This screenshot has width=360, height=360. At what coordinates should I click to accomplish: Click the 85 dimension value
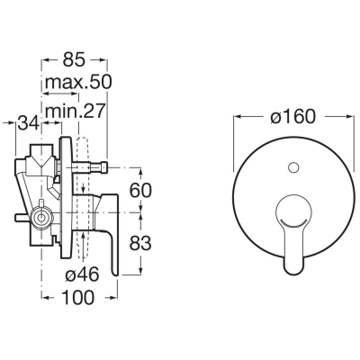point(74,59)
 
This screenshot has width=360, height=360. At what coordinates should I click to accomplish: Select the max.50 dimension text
point(78,82)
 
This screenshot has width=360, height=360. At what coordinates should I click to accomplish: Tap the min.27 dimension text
point(76,111)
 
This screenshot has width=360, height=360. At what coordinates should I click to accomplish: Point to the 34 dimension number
point(28,122)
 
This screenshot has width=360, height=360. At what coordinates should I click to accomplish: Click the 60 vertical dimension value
point(140,190)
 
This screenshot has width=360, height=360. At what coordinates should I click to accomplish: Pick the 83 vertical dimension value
point(140,243)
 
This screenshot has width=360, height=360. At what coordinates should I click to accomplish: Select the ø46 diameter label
point(82,274)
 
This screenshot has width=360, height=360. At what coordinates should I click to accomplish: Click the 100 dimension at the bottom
point(77,297)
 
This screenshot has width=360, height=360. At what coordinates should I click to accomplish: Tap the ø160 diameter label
point(292,116)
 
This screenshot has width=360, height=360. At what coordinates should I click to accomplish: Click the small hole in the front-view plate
point(292,168)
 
